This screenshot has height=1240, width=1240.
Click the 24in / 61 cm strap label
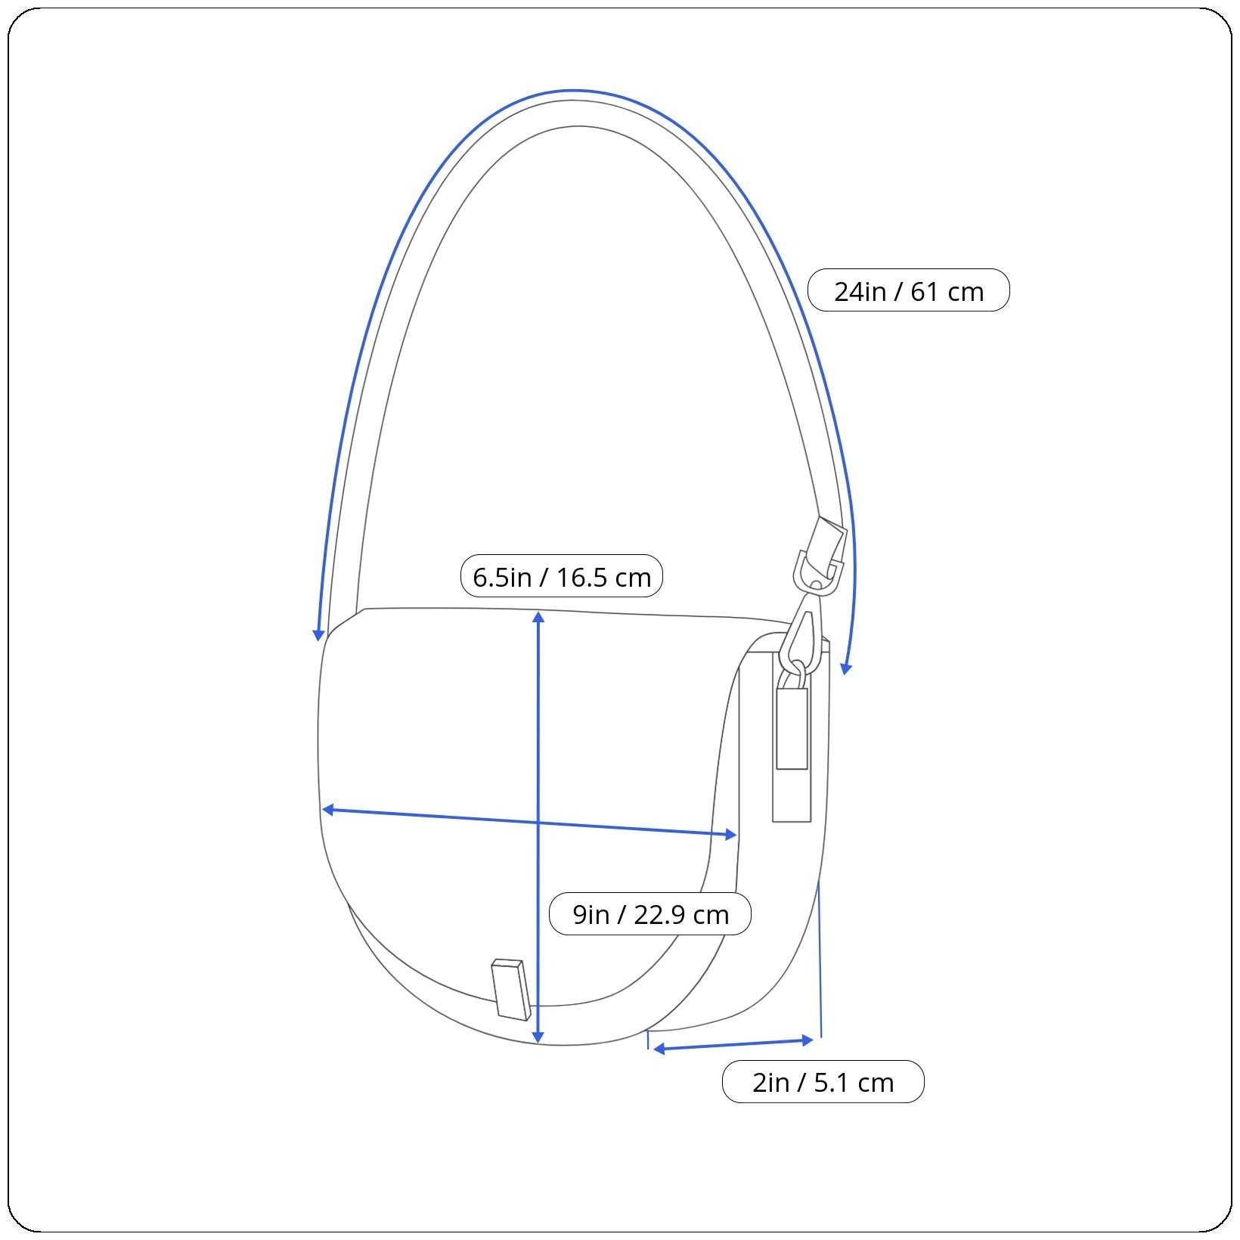coord(908,290)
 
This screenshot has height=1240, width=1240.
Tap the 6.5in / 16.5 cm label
coord(562,576)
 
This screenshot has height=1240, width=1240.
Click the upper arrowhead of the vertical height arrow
coord(538,616)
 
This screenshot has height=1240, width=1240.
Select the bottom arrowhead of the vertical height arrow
coord(538,1037)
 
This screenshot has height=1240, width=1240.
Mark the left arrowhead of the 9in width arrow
coord(328,810)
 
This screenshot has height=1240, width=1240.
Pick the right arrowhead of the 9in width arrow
coord(731,834)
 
